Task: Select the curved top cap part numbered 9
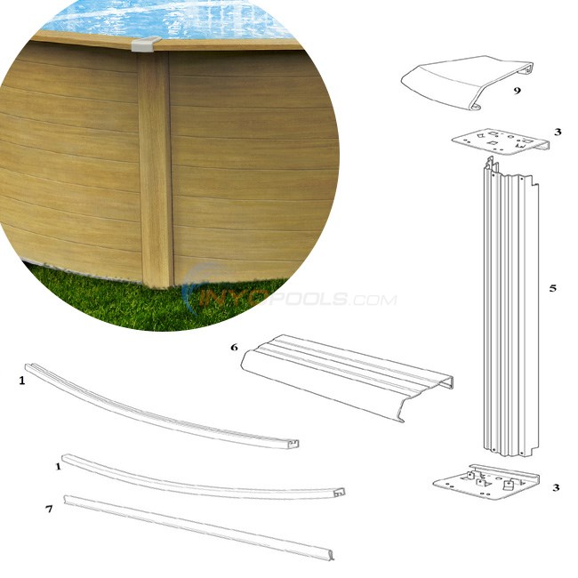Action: click(x=462, y=84)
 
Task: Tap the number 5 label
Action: click(x=552, y=288)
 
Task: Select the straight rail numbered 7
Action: click(x=196, y=529)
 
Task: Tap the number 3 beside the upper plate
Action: click(x=557, y=132)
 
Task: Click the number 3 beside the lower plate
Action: click(x=556, y=487)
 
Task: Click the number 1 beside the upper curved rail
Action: click(x=21, y=380)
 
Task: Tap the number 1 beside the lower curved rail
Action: click(x=59, y=465)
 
